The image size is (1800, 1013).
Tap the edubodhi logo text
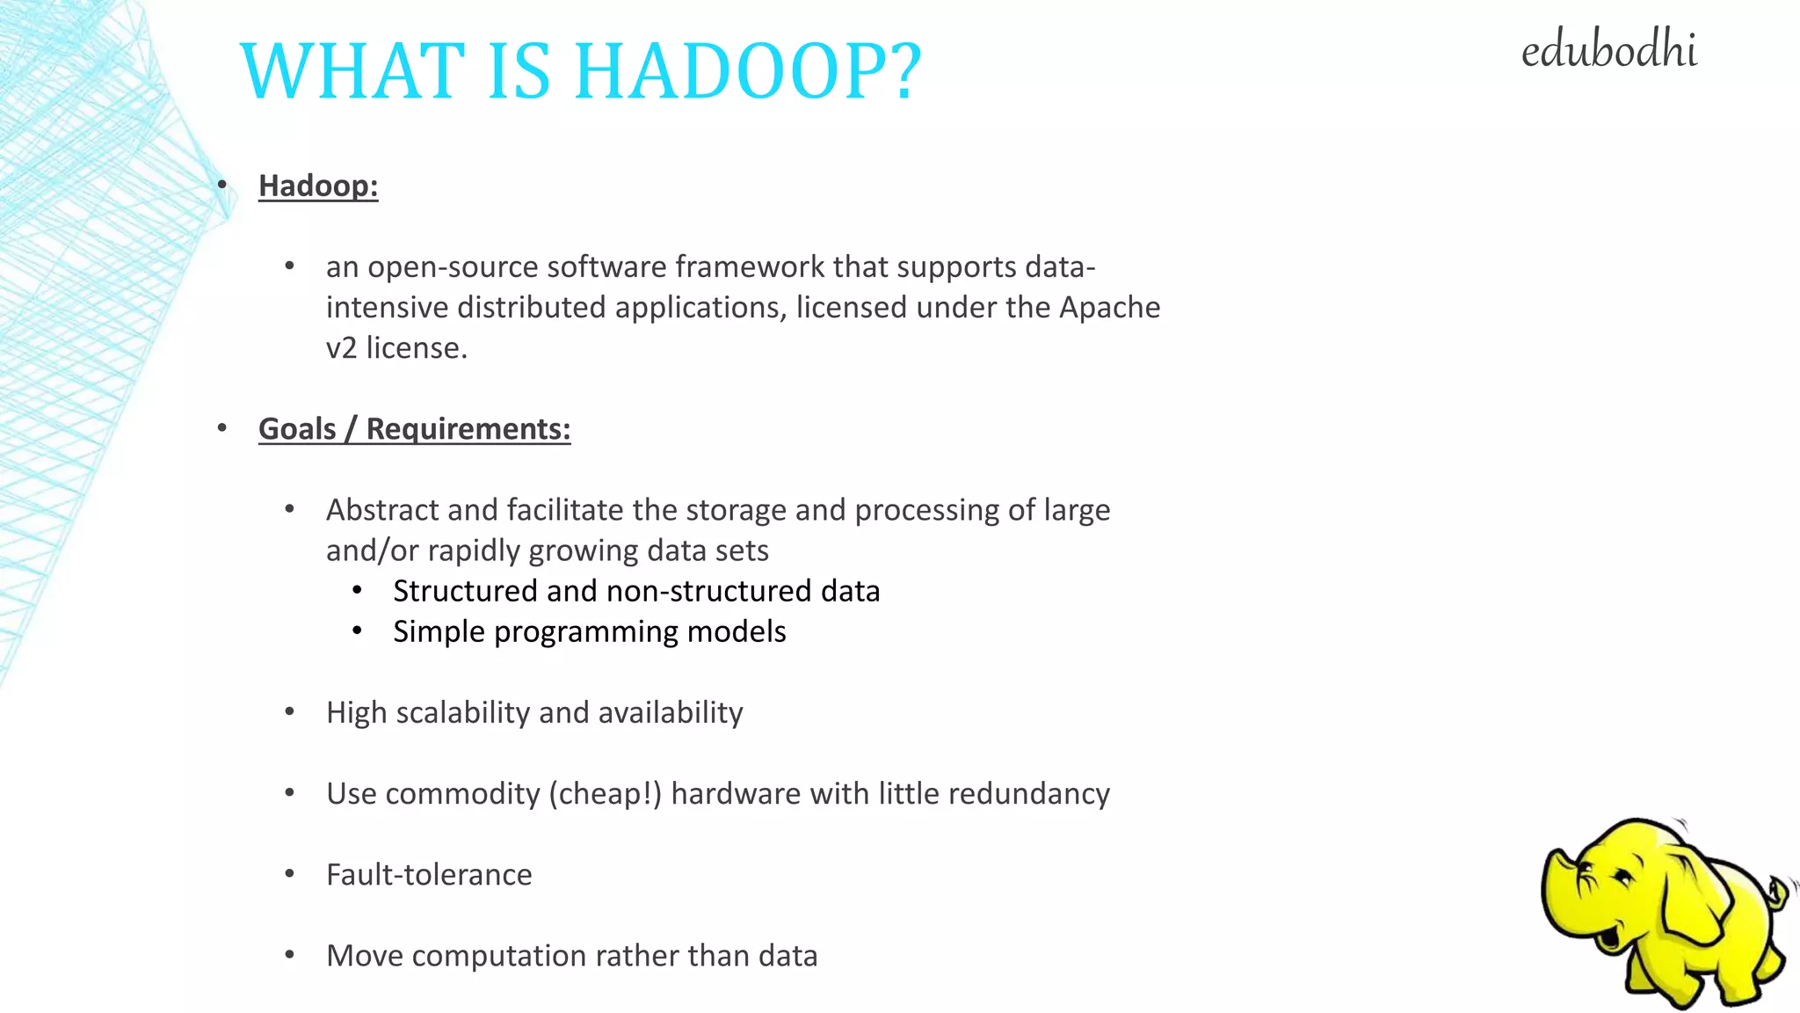coord(1608,50)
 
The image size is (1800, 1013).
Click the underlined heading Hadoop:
coord(318,186)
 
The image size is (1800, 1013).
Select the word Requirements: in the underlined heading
coord(468,429)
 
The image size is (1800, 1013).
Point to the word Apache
coord(1109,307)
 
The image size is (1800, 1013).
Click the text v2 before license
coord(341,348)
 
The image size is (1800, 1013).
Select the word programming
coord(585,631)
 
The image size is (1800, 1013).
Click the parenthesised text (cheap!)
coord(605,794)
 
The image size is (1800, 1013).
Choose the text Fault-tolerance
coord(429,875)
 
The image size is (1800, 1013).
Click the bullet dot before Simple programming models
coord(357,630)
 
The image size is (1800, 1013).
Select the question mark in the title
coord(899,71)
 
